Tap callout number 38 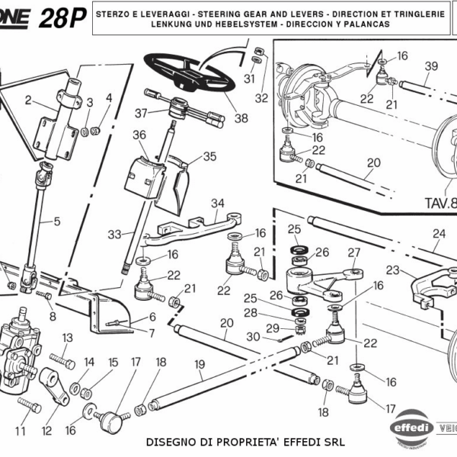point(241,118)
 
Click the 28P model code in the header point(63,18)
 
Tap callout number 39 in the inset point(431,66)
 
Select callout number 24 point(438,234)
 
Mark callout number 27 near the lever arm point(353,252)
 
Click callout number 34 point(219,203)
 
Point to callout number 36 point(139,135)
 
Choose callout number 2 point(28,100)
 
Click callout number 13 point(67,337)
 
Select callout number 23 point(393,270)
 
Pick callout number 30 point(252,337)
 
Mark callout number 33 point(114,235)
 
